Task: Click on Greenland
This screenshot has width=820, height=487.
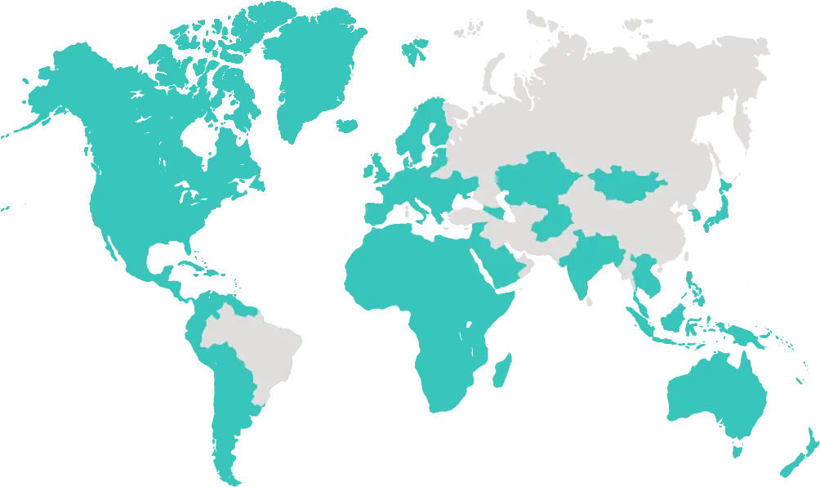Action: (x=314, y=65)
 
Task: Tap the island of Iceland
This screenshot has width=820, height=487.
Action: (x=347, y=125)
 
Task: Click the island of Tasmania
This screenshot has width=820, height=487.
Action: (x=738, y=449)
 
